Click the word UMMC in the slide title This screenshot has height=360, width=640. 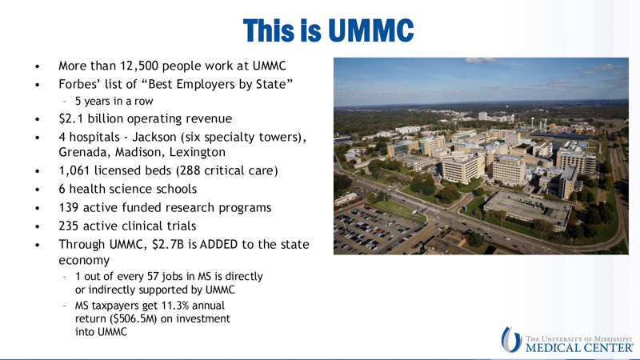tap(371, 31)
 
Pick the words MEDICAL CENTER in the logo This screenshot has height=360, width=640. tap(579, 346)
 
